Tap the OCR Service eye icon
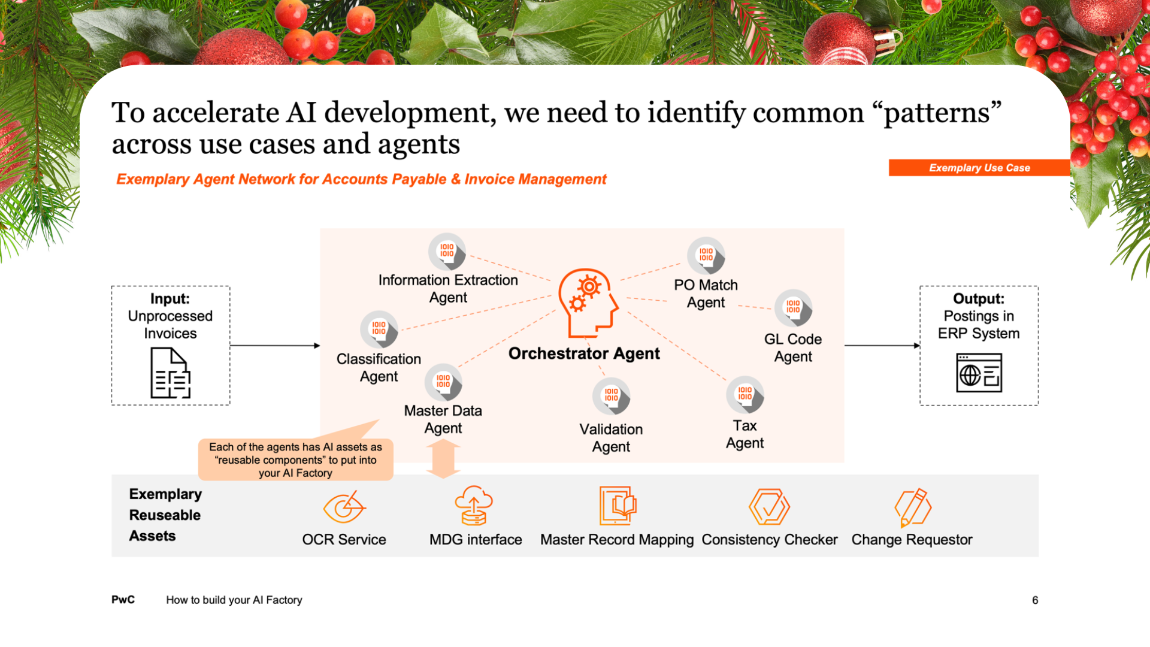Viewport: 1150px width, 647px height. (x=344, y=507)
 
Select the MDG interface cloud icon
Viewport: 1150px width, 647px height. (x=474, y=506)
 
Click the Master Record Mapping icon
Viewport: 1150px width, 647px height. (x=617, y=506)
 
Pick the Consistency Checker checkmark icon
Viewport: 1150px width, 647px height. (x=769, y=507)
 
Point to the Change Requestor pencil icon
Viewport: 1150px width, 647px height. (x=912, y=507)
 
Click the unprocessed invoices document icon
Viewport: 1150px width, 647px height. (x=170, y=373)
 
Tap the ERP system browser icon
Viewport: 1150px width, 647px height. (x=979, y=373)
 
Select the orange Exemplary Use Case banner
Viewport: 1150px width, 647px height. (x=979, y=168)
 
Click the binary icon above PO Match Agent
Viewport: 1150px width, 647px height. (x=706, y=255)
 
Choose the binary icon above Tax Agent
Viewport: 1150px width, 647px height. (x=745, y=394)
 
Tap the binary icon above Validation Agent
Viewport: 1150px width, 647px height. (x=611, y=395)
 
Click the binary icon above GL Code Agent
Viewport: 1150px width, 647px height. (x=793, y=307)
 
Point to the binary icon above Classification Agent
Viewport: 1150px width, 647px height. (x=379, y=329)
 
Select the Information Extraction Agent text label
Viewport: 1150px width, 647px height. (x=448, y=289)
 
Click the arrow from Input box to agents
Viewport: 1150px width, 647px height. (x=275, y=346)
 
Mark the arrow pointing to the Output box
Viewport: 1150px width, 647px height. (x=882, y=346)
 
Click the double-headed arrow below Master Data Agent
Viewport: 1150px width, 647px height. (x=443, y=459)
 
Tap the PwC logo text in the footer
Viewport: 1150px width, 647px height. (x=123, y=600)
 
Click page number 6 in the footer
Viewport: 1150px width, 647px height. (x=1034, y=600)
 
